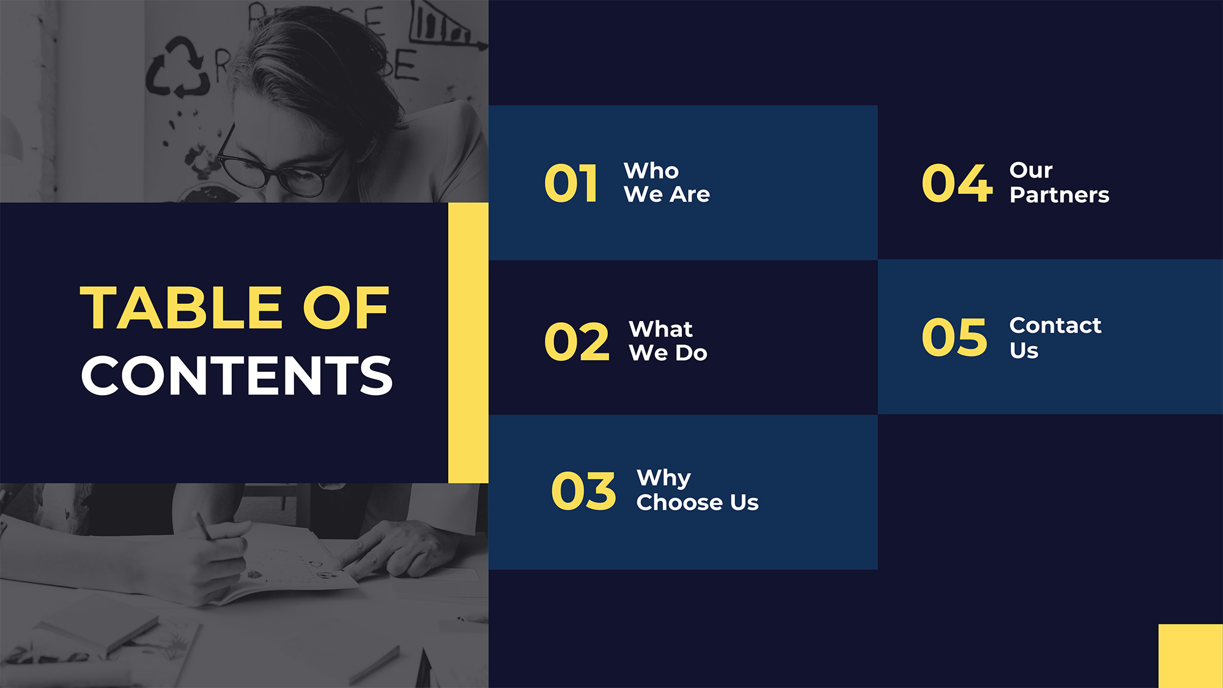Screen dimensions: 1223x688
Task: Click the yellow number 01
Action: (x=571, y=183)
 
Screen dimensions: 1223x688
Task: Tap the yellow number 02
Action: (x=577, y=341)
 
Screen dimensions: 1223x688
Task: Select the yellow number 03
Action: (x=583, y=490)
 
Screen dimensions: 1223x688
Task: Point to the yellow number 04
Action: (x=957, y=183)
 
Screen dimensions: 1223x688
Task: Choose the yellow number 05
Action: (x=954, y=337)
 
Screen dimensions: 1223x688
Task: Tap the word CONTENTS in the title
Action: (x=237, y=375)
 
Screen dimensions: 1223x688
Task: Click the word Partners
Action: (x=1059, y=195)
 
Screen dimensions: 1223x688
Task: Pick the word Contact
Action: (x=1055, y=325)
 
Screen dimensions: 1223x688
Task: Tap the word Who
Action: (x=651, y=171)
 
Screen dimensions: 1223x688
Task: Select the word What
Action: (x=660, y=329)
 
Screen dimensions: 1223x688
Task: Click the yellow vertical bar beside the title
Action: (x=468, y=342)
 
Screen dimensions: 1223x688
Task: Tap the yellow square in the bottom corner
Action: (x=1191, y=656)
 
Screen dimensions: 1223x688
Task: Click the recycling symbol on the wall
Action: (x=177, y=68)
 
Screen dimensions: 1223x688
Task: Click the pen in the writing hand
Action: (x=205, y=527)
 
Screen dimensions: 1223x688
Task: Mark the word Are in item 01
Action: (x=690, y=194)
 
